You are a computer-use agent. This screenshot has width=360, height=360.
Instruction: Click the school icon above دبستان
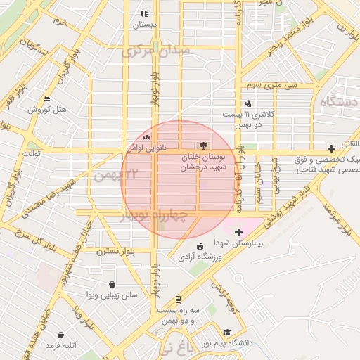(144, 13)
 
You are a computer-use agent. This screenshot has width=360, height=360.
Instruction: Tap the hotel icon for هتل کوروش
(46, 99)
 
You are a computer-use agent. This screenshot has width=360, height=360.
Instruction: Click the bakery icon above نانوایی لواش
(146, 138)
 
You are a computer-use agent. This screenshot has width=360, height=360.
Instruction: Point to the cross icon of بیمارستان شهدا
(238, 232)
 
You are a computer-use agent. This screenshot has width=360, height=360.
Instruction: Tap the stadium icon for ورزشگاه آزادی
(200, 245)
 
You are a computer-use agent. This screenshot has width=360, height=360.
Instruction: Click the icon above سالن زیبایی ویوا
(112, 285)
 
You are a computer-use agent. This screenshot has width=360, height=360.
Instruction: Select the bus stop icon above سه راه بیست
(179, 300)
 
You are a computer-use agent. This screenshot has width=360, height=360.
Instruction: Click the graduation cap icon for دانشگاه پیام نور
(226, 333)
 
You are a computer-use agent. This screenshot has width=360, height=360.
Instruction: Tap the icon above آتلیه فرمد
(61, 335)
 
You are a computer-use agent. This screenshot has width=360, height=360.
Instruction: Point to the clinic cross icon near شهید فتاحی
(330, 148)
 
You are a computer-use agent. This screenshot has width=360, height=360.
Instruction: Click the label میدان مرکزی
(156, 51)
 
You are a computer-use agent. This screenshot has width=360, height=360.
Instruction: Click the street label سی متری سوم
(271, 85)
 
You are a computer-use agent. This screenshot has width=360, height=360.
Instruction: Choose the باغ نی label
(175, 347)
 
